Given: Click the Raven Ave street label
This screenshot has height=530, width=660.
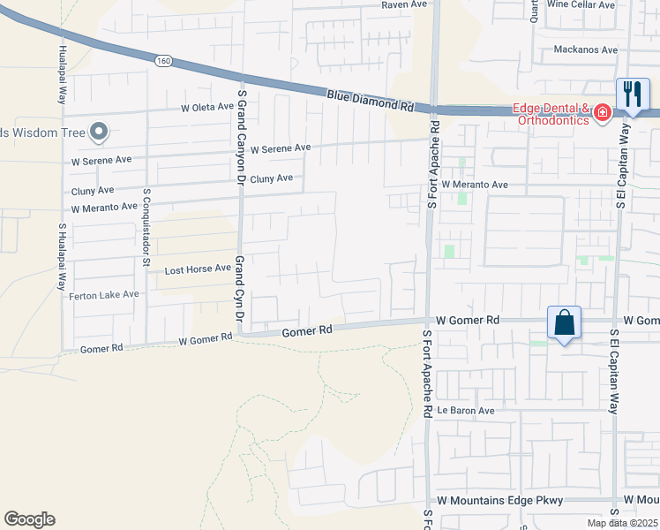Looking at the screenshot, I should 404,4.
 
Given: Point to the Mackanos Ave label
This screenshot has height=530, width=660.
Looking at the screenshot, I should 585,49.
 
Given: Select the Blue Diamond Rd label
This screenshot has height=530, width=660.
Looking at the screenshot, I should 370,99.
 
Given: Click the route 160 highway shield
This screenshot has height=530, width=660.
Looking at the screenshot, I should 161,61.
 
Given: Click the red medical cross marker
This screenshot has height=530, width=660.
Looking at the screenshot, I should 603,113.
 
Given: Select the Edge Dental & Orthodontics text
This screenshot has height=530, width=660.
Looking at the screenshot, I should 552,115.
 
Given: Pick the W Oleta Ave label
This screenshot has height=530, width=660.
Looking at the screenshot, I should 206,109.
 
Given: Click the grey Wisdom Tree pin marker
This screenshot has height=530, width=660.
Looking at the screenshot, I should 99,132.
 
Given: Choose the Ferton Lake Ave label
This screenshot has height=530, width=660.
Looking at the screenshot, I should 104,294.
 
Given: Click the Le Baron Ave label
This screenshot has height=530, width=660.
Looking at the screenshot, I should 466,411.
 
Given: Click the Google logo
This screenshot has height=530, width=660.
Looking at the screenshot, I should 29,519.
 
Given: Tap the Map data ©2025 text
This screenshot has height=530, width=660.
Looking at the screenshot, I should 621,523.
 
